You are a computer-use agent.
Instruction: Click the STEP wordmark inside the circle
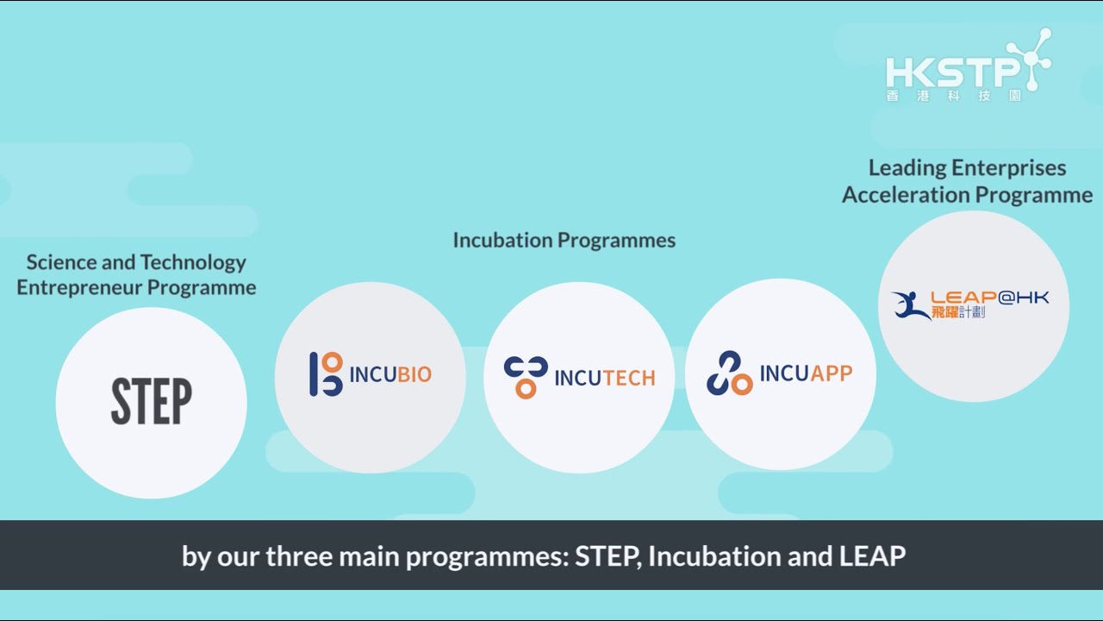click(x=151, y=402)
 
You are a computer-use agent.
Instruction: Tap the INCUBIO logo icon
click(x=326, y=374)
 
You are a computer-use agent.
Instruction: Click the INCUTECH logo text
click(x=604, y=378)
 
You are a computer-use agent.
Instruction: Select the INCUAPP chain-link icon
click(x=729, y=373)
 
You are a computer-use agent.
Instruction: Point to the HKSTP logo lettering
click(x=952, y=71)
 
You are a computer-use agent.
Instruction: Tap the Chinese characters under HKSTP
click(x=953, y=96)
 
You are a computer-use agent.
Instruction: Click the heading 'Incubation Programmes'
click(x=564, y=240)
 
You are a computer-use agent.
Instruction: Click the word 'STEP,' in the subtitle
click(x=608, y=556)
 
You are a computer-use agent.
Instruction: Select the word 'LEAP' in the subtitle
click(x=872, y=556)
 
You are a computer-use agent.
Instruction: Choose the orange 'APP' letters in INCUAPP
click(x=831, y=373)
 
